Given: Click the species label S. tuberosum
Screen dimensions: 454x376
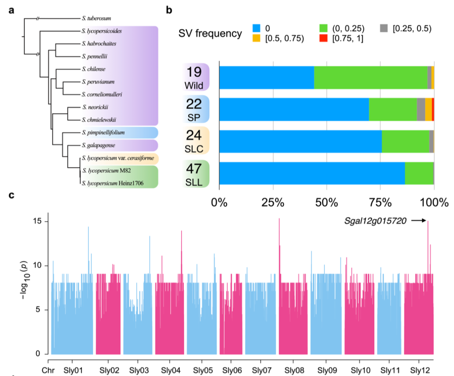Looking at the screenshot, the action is [x=96, y=18].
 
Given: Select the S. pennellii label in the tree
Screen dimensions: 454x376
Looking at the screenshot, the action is [x=95, y=56].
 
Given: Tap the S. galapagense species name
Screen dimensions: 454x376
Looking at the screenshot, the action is [x=98, y=145].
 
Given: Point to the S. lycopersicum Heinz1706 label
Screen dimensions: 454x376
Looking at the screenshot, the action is [x=113, y=183].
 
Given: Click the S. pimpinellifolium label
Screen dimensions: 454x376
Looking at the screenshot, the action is [x=103, y=133].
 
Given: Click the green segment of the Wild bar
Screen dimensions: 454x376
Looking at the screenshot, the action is [x=371, y=78].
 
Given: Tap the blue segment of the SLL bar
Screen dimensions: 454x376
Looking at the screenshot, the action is [x=312, y=173].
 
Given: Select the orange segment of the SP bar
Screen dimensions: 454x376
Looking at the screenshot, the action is [x=428, y=109].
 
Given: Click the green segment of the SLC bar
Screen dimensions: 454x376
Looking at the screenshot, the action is [x=405, y=141].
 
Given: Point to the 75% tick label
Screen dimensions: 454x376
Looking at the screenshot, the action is [x=380, y=203].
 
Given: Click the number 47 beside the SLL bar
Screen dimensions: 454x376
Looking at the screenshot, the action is [x=194, y=169].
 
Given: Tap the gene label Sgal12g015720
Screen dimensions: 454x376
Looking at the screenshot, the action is [x=375, y=221].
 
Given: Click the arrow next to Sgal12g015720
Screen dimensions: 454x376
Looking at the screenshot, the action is [x=419, y=220].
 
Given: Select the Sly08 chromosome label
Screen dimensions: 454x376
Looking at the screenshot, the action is [x=294, y=371].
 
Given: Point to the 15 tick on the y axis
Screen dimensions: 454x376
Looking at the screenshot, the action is [x=37, y=221].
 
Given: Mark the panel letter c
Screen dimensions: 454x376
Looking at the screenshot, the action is [x=12, y=195].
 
